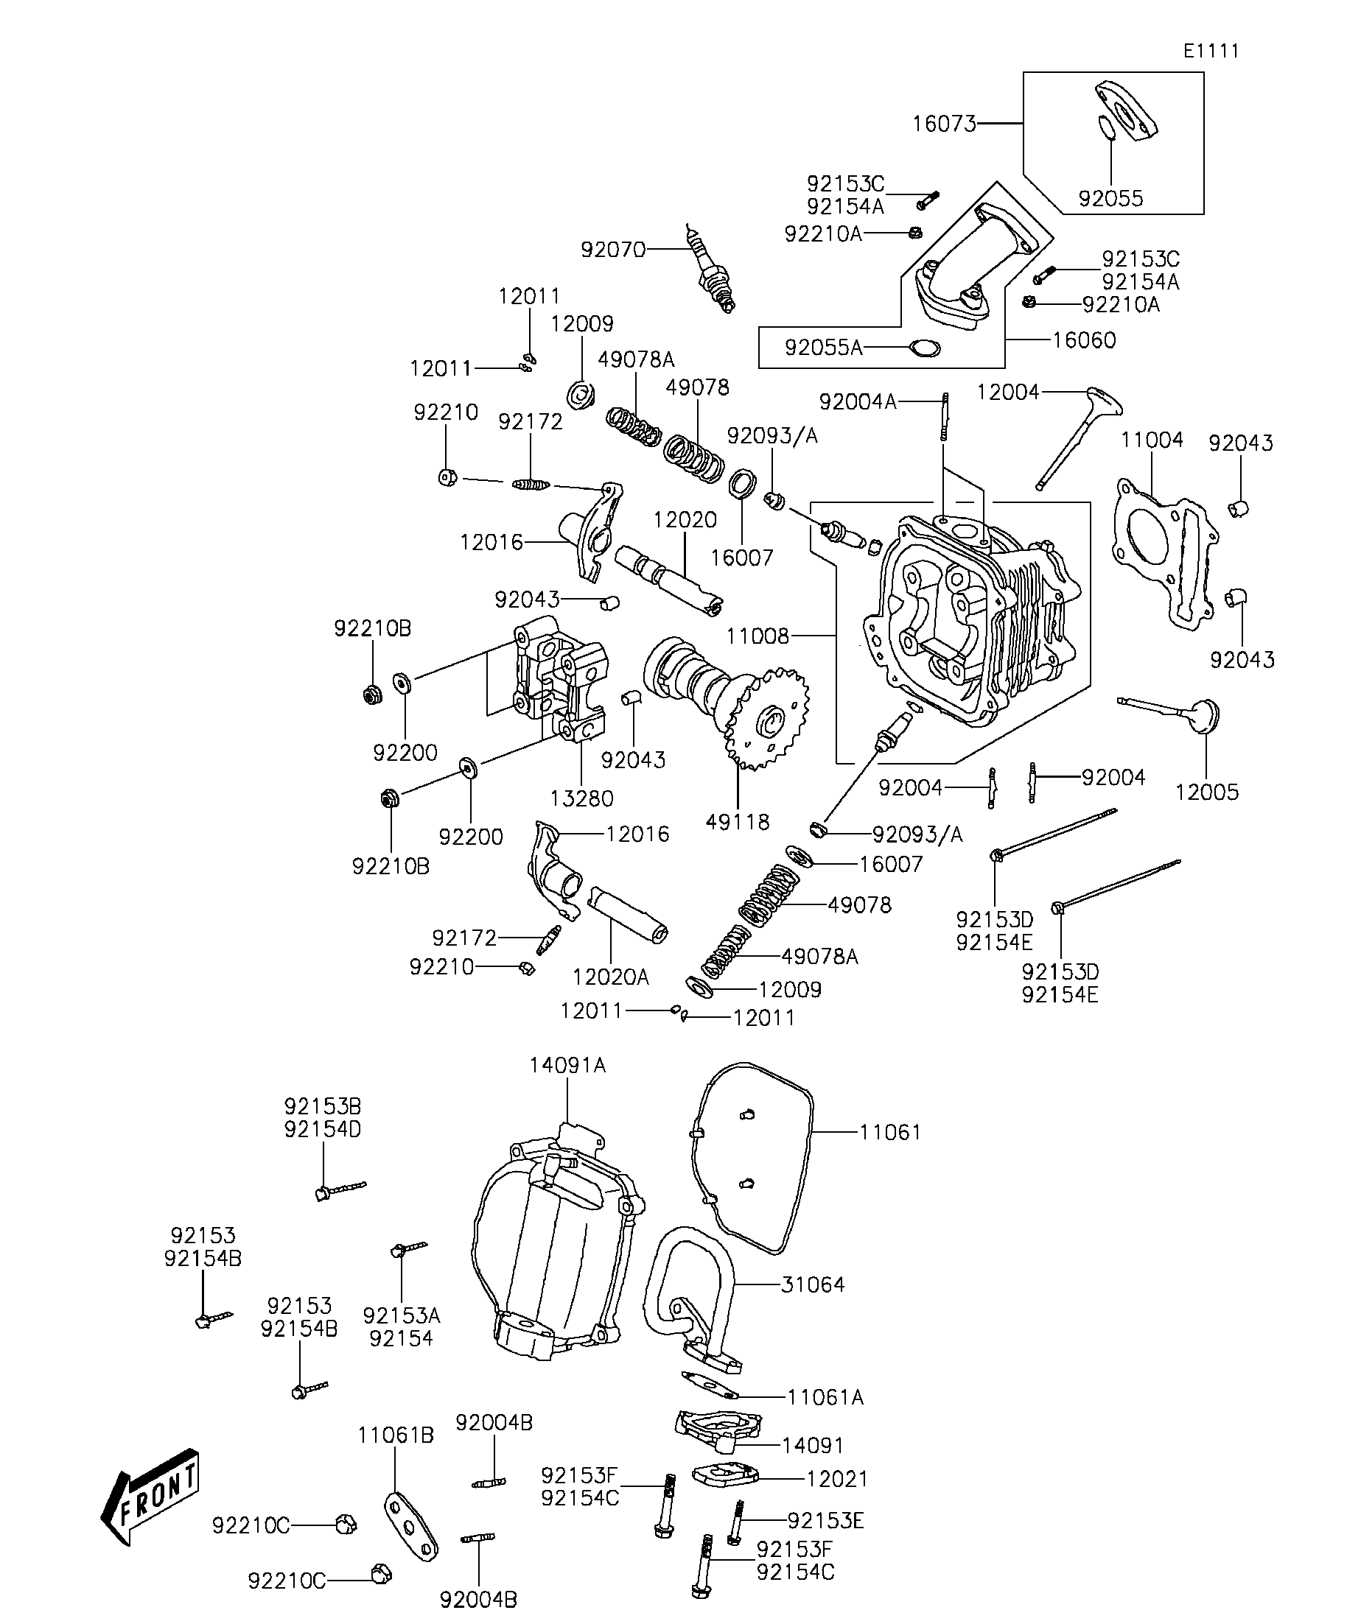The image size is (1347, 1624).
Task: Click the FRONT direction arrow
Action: (x=151, y=1497)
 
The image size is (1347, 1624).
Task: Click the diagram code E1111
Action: (x=1211, y=51)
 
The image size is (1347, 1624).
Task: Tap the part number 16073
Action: (x=944, y=124)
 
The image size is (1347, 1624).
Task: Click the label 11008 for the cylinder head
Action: (x=758, y=636)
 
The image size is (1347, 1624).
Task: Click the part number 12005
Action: (x=1206, y=792)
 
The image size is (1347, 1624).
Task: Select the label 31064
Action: (x=812, y=1284)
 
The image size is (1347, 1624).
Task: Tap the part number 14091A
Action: (x=567, y=1066)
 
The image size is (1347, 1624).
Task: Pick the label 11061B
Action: (x=396, y=1435)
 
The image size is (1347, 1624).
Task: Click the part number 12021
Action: (x=836, y=1479)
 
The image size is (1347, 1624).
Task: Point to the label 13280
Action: (x=582, y=798)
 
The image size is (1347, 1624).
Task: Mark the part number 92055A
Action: (x=823, y=348)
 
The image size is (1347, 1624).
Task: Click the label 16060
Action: (x=1084, y=340)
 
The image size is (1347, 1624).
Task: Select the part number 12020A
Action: (x=610, y=977)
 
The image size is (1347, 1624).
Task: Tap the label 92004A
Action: (x=857, y=401)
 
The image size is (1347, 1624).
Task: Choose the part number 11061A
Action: (x=825, y=1397)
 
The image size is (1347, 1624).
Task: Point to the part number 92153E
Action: (x=825, y=1520)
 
